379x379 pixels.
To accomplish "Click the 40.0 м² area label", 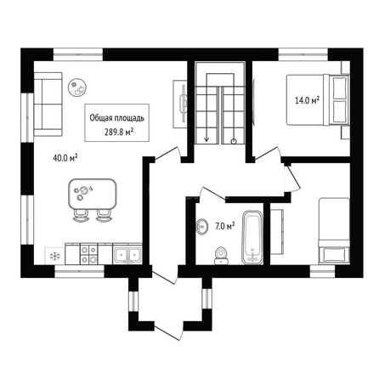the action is point(65,158).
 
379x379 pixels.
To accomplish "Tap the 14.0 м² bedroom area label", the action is point(307,100).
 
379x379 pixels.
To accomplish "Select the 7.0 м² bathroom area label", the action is point(225,226).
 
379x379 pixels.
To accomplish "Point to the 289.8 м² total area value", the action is point(119,132).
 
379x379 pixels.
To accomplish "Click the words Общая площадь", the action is point(117,118).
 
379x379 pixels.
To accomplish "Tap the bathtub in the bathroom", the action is point(252,237).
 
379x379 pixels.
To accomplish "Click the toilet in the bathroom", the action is point(221,255).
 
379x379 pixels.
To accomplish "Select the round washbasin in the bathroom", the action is point(202,227).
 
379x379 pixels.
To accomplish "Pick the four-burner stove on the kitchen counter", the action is point(88,254).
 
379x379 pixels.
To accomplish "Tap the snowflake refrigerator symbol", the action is point(54,257).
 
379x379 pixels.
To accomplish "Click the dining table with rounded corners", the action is point(93,194).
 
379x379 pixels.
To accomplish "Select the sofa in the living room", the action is point(48,104).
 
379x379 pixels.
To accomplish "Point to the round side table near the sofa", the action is point(77,88).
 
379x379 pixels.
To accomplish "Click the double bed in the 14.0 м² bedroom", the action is point(318,99).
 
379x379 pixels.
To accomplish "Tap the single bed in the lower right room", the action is point(334,231).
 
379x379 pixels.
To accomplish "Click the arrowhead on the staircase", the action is point(206,139).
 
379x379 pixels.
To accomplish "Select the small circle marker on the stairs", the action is point(234,141).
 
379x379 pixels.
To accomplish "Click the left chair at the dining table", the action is point(80,216).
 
